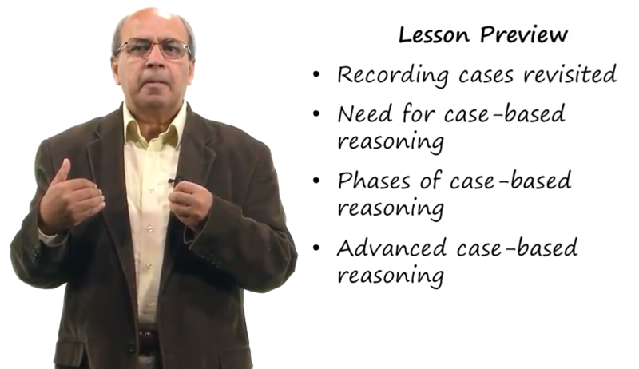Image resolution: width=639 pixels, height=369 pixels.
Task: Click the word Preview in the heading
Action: [524, 36]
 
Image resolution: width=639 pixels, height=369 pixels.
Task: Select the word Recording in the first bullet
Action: [393, 76]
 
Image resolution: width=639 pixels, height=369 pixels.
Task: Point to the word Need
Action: [365, 113]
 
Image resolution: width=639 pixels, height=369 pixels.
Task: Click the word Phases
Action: [374, 181]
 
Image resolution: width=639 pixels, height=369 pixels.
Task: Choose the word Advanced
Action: [391, 248]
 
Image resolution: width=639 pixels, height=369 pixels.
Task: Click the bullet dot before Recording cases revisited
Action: [316, 75]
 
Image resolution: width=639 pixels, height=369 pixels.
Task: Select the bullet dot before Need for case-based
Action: [316, 113]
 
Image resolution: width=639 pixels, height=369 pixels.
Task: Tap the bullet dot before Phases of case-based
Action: [316, 181]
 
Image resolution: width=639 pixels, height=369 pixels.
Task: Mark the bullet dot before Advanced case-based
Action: [316, 248]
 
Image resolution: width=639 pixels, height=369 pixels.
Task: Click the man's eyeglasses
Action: [153, 48]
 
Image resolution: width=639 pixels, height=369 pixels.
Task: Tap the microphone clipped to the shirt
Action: [174, 181]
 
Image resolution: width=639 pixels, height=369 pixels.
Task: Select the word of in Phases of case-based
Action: [431, 181]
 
